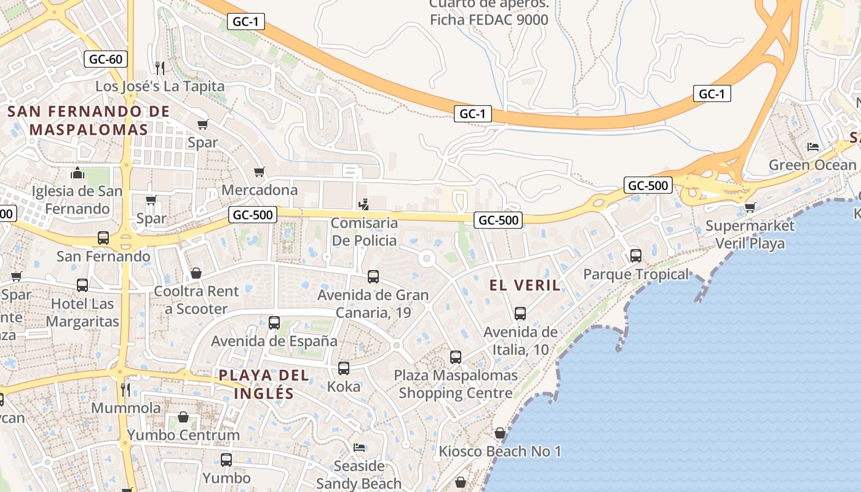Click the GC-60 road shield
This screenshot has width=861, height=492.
coord(106,59)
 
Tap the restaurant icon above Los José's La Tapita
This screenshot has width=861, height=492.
coord(160,67)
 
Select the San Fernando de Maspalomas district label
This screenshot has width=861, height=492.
coord(89,121)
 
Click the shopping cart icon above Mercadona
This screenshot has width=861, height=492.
coord(260,172)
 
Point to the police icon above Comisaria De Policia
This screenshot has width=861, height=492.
coord(364,204)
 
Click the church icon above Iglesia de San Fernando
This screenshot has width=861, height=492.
coord(77,173)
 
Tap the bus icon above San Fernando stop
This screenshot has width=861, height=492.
coord(103,238)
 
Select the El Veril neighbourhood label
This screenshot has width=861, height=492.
coord(525,285)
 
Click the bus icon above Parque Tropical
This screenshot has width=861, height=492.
coord(636,255)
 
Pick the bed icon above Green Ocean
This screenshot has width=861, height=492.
coord(812,147)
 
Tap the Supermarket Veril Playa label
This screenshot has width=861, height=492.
coord(750,234)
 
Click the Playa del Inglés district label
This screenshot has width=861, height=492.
coord(264,384)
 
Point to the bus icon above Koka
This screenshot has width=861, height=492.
coord(344,368)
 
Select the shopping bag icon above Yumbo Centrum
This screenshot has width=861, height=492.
coord(183,417)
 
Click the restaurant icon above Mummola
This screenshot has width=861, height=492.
coord(125,389)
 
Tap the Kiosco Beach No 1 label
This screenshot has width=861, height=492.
coord(499,451)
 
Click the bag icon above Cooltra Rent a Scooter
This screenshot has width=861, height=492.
coord(196,272)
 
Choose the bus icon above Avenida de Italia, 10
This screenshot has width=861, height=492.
coord(520,314)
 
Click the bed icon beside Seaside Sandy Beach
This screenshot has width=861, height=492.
coord(359,447)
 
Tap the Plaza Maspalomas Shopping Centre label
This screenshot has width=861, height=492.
coord(455,384)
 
